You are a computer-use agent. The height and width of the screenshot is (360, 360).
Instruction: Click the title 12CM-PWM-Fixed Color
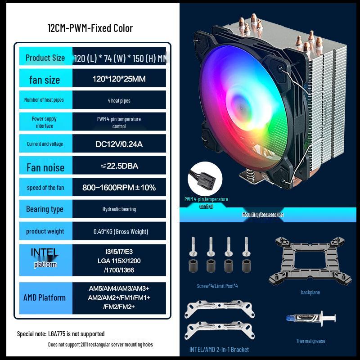90,28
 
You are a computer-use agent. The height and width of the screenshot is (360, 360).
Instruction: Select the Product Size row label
45,58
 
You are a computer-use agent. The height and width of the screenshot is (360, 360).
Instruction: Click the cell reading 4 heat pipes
119,100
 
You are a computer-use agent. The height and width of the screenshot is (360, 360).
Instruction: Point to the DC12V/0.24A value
119,144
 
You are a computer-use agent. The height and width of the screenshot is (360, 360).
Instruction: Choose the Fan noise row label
45,167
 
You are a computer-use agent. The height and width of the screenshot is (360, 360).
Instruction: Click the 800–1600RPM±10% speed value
119,187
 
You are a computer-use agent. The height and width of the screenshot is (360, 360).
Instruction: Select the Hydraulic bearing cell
119,209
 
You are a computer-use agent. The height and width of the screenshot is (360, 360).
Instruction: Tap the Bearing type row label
45,209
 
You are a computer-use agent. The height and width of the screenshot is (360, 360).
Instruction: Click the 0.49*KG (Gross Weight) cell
119,231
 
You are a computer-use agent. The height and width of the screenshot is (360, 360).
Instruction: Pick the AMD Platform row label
45,297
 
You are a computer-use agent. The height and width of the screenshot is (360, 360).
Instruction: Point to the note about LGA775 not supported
61,334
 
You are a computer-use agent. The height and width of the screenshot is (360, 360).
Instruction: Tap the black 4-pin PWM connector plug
204,176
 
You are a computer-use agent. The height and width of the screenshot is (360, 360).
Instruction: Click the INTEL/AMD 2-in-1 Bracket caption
219,350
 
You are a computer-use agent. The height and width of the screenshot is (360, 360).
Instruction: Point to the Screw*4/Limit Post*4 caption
217,286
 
